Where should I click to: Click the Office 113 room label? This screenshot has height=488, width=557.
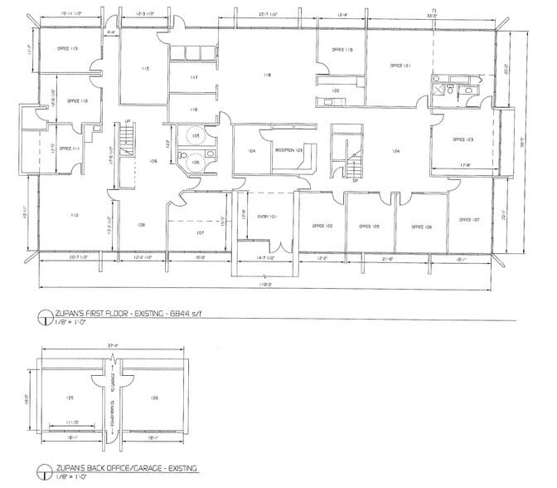pos(68,49)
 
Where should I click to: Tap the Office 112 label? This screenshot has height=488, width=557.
pos(67,100)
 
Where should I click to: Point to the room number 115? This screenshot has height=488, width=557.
pos(145,68)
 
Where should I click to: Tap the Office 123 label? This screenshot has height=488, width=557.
pos(463,140)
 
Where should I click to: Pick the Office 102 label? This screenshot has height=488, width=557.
pos(322,225)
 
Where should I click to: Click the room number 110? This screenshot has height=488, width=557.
pos(75,215)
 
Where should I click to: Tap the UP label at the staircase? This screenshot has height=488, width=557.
pos(127,122)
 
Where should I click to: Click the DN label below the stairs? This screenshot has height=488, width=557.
pos(355,179)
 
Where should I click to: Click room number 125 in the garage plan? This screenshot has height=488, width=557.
pos(70,398)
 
